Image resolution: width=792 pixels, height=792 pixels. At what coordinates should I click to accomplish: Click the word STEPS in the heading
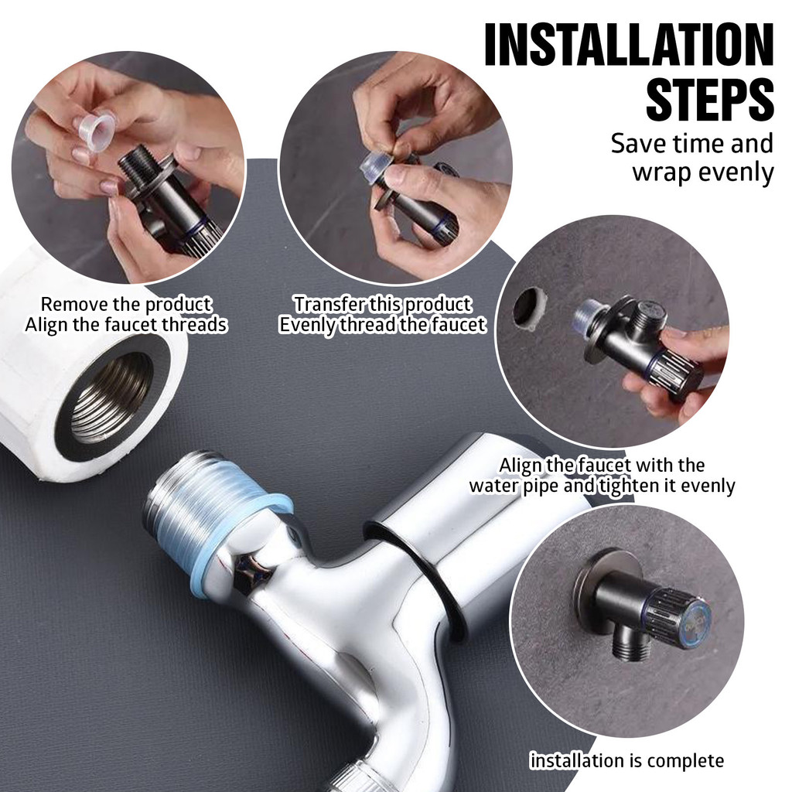pyautogui.click(x=710, y=99)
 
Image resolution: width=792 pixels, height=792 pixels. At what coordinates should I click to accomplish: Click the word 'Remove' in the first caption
pyautogui.click(x=74, y=305)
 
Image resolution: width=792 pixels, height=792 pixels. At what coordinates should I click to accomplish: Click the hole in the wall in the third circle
pyautogui.click(x=529, y=308)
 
